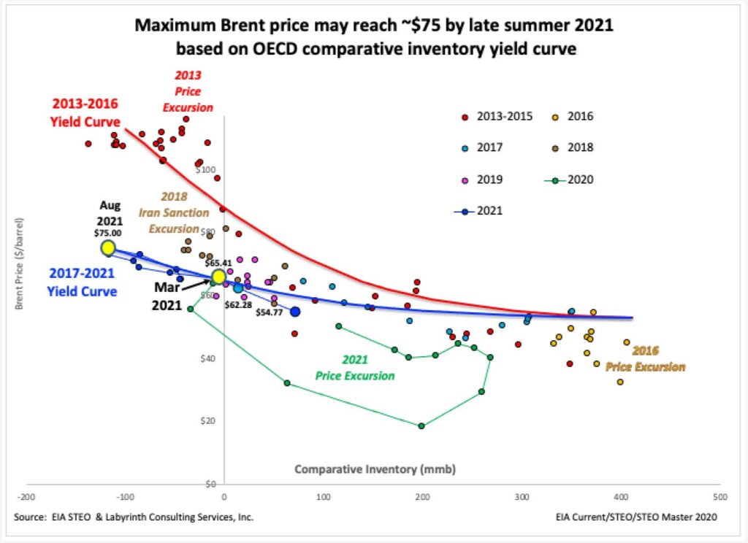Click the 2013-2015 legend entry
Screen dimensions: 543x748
tap(497, 116)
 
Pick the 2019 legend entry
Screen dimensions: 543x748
tap(485, 179)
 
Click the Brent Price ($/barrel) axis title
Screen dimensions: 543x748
tap(20, 262)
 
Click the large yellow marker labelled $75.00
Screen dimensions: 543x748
tap(108, 248)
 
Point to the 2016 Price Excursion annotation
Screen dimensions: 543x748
tap(646, 358)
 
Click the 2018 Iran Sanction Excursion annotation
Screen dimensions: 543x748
tap(174, 212)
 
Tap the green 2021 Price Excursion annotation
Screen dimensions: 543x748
tap(355, 367)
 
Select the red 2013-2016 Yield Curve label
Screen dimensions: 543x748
tap(85, 112)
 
